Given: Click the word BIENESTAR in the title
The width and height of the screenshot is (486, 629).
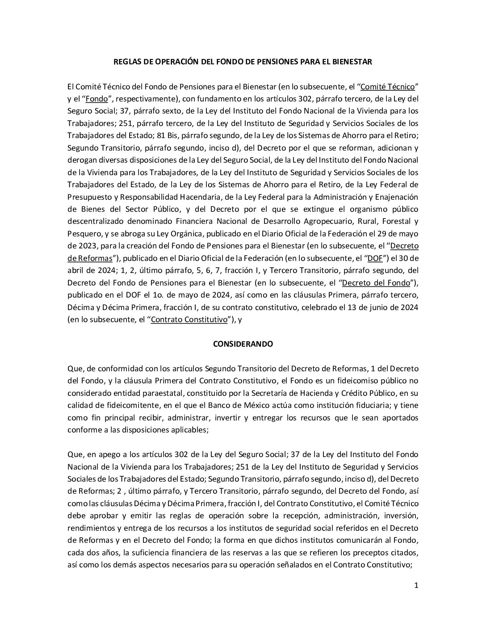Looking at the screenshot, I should pos(351,62).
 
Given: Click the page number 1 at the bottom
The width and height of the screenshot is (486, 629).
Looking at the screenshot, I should pos(416,586).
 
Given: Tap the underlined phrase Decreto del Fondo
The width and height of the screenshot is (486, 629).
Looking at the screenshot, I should pos(376,282).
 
